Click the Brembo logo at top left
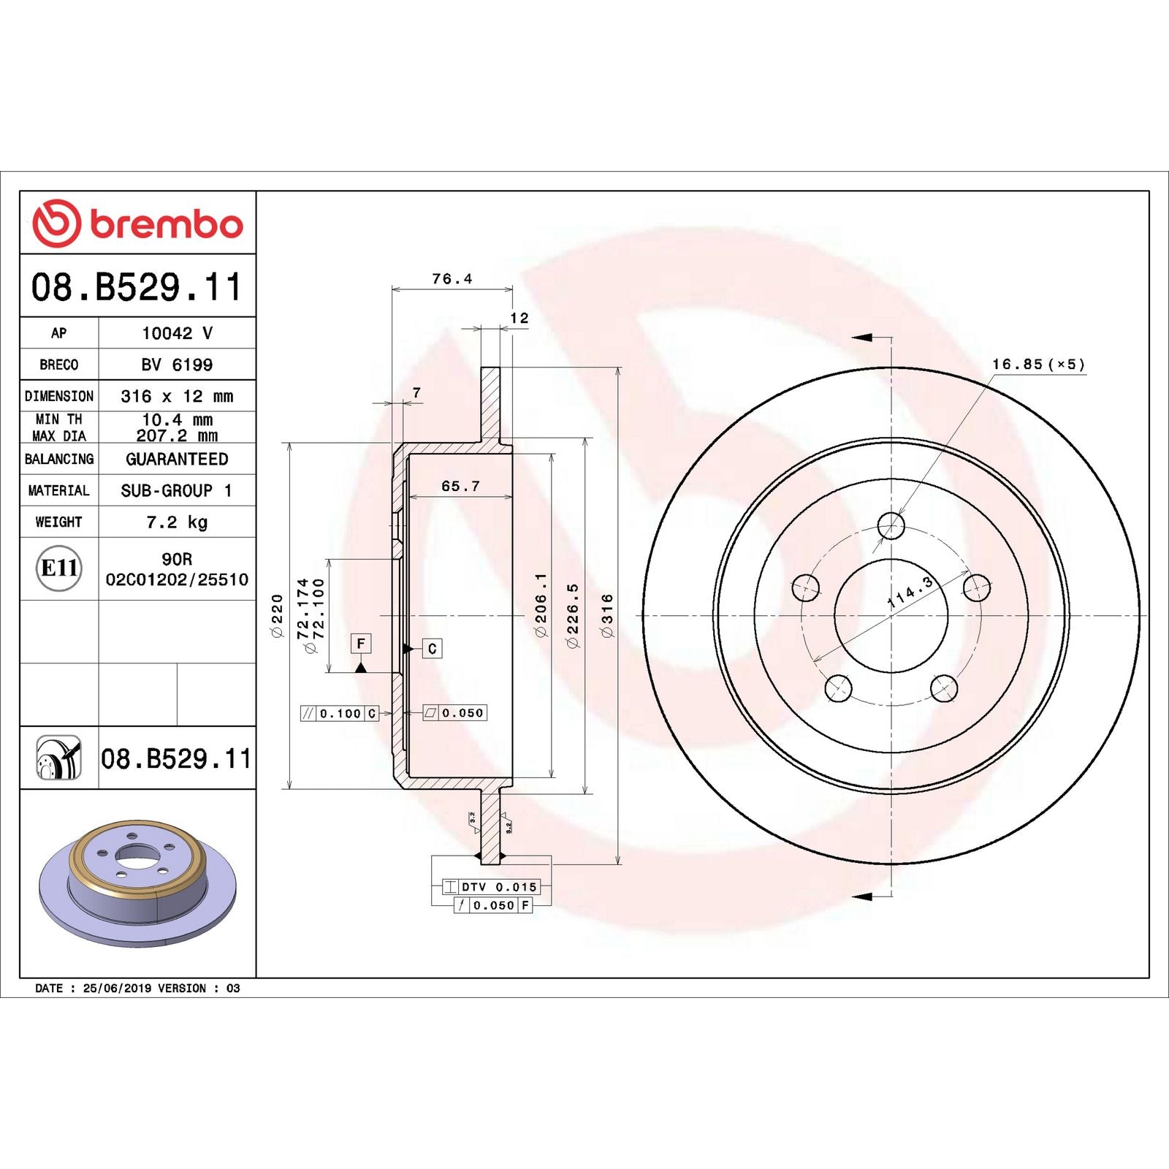pos(137,223)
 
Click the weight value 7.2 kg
pos(177,522)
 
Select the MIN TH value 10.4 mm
pos(177,419)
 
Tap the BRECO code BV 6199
pos(177,365)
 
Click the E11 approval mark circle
pos(58,568)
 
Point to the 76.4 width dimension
pos(452,279)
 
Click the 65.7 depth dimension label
pos(460,487)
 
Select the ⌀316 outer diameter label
pos(607,616)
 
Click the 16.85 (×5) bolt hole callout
pos(1038,365)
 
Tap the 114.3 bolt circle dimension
pos(910,593)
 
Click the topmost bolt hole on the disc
pos(891,525)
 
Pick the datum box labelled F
pos(360,644)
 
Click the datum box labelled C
pos(432,649)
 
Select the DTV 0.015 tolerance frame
pos(491,887)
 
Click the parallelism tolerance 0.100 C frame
pos(340,713)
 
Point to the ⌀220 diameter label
pos(277,616)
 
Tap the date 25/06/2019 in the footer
pos(117,988)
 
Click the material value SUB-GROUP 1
pos(177,491)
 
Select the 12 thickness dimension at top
pos(519,319)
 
